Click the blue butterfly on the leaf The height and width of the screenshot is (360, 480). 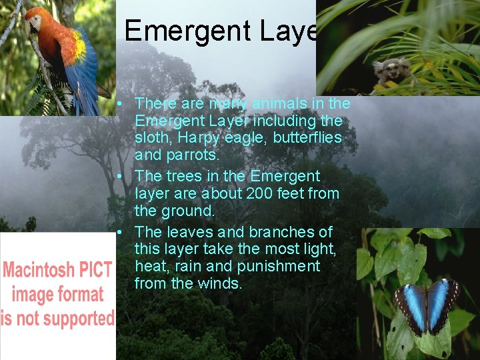pos(427,306)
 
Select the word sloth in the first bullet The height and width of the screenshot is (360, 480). pos(153,138)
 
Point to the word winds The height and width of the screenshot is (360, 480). pos(223,283)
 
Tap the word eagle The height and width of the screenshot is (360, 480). pos(249,138)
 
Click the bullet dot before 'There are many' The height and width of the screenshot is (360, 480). pos(117,104)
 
